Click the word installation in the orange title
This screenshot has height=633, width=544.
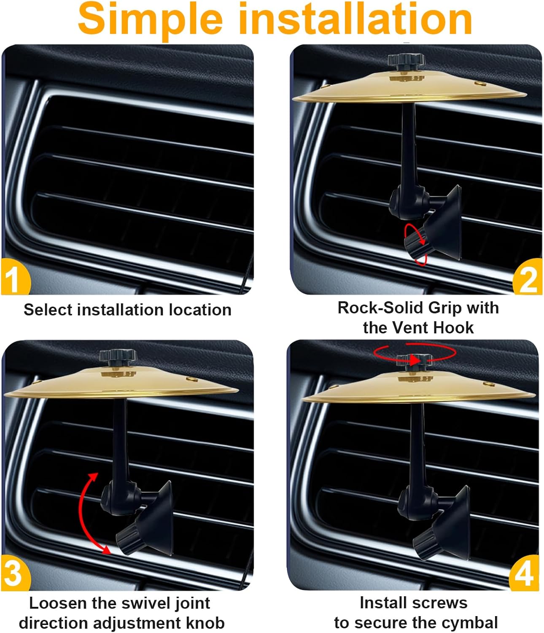point(355,19)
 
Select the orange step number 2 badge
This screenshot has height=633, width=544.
point(528,276)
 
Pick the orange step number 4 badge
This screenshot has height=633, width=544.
point(524,573)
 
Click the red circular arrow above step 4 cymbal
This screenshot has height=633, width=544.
point(415,354)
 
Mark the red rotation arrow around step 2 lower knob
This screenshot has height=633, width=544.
point(415,244)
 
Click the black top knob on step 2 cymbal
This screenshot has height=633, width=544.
point(407,61)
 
